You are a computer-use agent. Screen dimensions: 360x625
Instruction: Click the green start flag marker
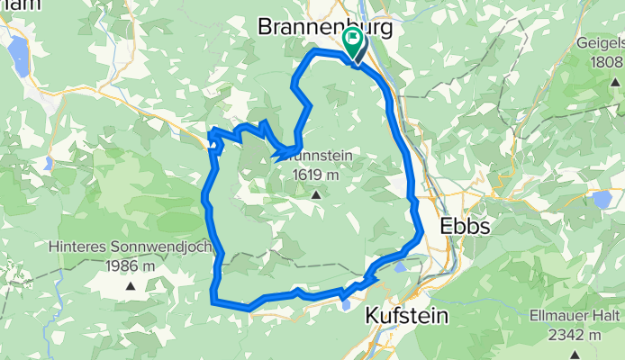pyautogui.click(x=352, y=40)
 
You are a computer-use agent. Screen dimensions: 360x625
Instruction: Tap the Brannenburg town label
pyautogui.click(x=325, y=27)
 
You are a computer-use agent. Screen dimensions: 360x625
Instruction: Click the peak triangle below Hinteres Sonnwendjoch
pyautogui.click(x=131, y=286)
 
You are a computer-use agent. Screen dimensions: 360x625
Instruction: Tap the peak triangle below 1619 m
pyautogui.click(x=316, y=193)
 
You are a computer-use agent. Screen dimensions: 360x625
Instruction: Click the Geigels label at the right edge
pyautogui.click(x=600, y=41)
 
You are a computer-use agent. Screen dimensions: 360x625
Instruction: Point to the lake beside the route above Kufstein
pyautogui.click(x=401, y=266)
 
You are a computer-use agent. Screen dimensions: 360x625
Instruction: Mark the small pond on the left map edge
pyautogui.click(x=47, y=164)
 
